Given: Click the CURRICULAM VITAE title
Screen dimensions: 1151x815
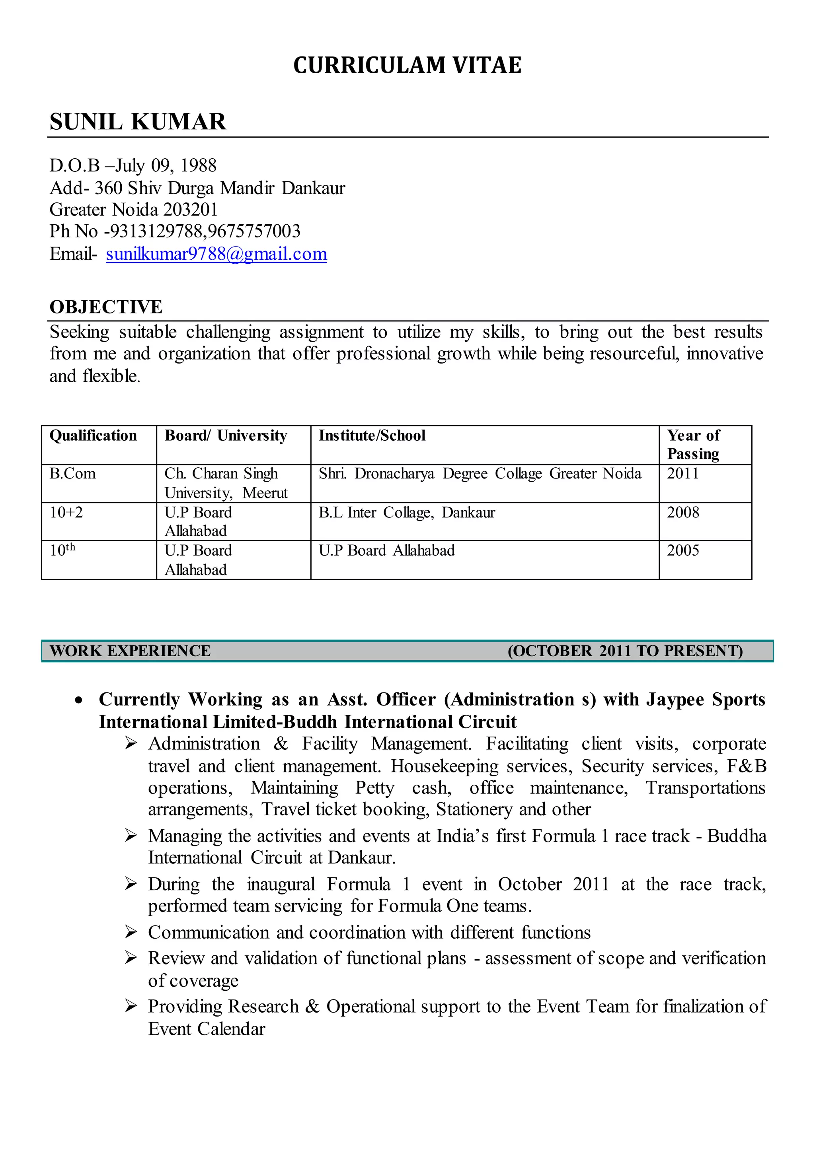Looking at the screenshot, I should (407, 65).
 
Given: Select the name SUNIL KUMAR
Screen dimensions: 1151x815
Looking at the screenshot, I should (138, 122).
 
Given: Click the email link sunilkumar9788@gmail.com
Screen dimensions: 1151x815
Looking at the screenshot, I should (216, 254).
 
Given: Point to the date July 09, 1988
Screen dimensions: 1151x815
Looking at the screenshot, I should (166, 165).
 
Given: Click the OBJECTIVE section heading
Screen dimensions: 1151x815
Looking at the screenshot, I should (106, 307).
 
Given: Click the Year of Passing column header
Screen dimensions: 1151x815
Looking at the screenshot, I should (693, 444).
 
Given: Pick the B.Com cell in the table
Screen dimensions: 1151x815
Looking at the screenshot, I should (72, 473).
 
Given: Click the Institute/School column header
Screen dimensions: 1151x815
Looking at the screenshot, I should (372, 436).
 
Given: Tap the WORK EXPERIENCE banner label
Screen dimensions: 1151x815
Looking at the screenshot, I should (130, 651).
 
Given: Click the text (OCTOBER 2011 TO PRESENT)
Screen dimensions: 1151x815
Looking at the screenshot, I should (625, 651).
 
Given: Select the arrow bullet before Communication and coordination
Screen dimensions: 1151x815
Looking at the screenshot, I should (131, 932).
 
